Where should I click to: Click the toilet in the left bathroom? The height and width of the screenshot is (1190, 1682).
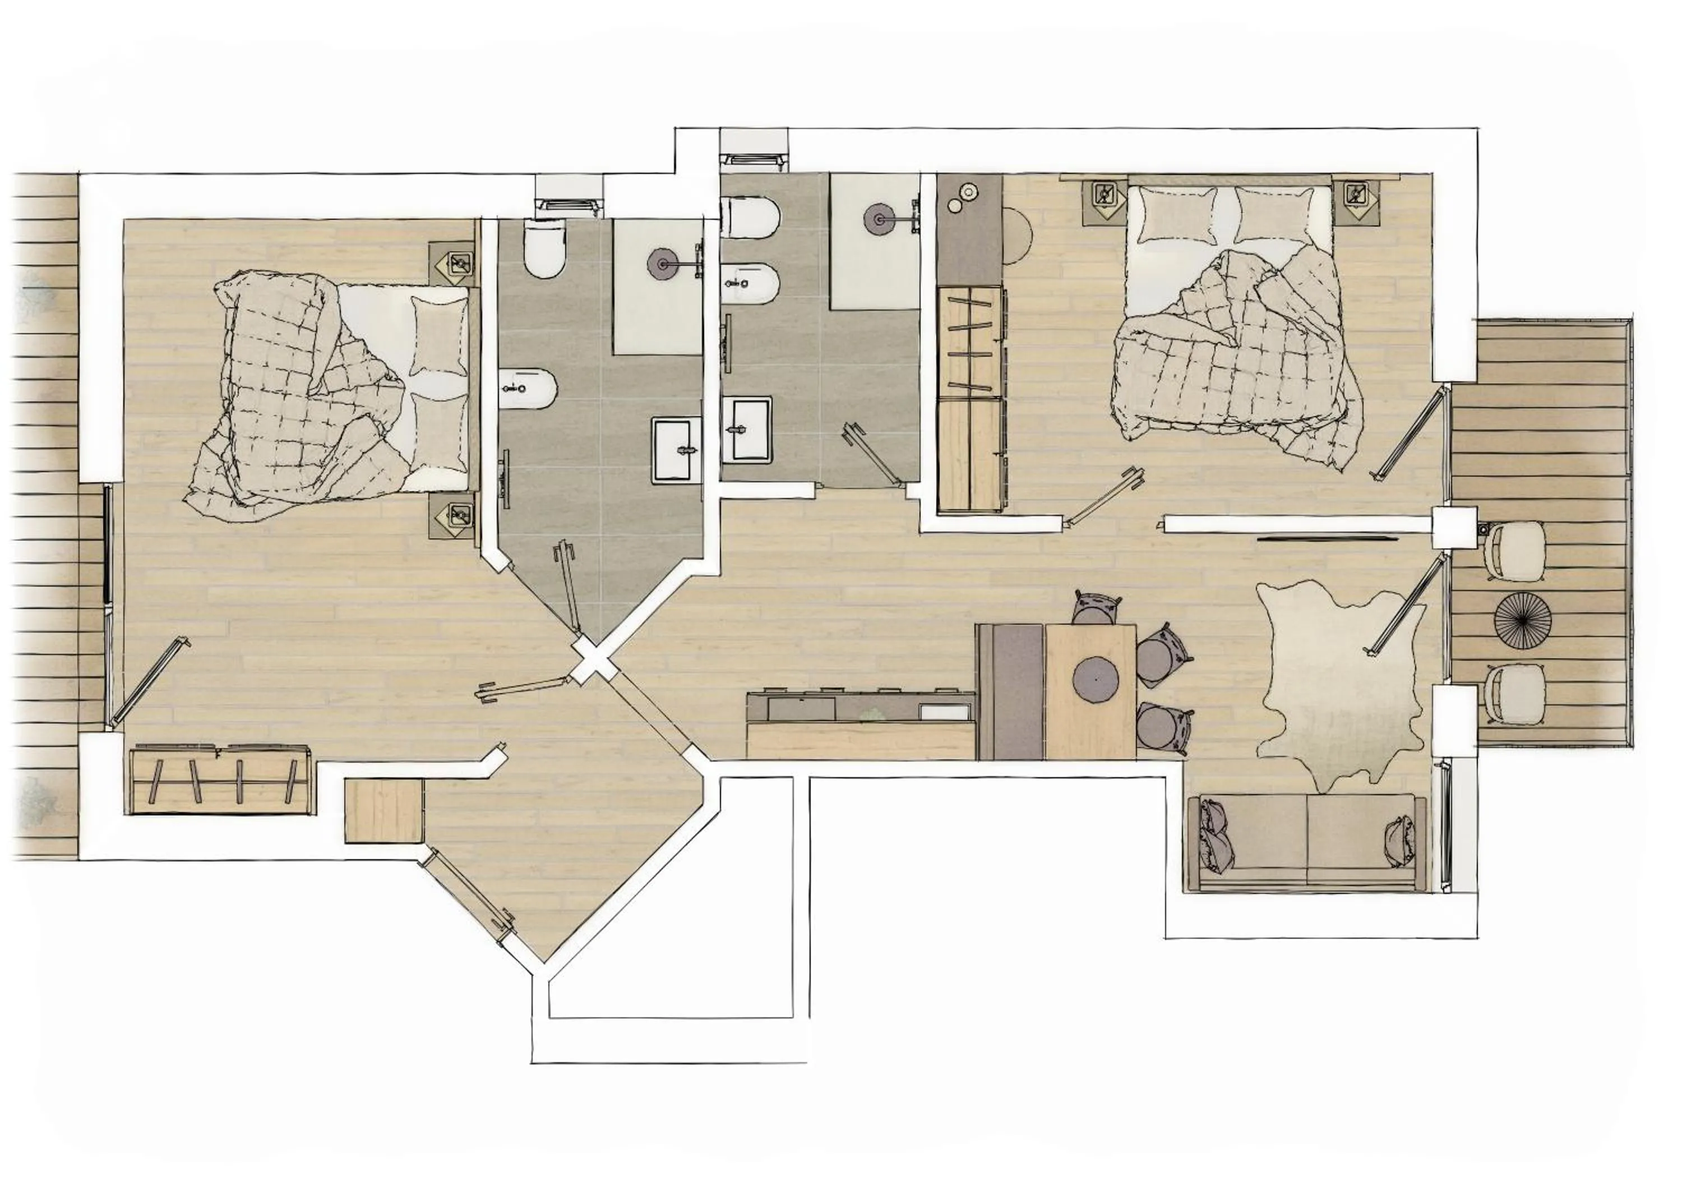pos(546,251)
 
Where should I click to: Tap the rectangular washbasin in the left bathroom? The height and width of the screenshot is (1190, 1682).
pos(677,449)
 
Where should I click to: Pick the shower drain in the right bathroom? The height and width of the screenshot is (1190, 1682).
pos(879,218)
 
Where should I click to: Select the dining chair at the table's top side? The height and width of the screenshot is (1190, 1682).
pos(1097,609)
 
